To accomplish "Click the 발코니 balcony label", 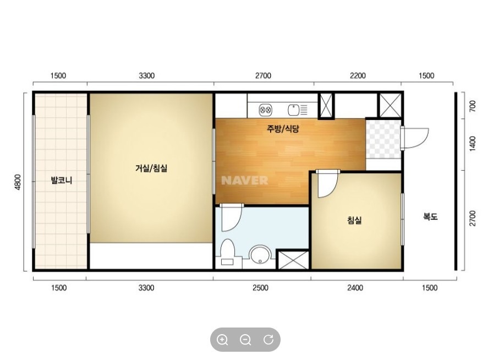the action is coord(62,180).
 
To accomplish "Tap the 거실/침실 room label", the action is coord(151,168).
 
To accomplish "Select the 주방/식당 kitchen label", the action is coord(283,129).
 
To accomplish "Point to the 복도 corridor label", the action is coord(430,216).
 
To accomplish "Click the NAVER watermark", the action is coord(245,181).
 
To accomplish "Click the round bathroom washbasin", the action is coord(261,254).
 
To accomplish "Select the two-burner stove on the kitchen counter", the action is coord(266,110).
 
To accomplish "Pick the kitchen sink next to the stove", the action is coord(298,110).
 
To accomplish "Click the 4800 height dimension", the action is coord(18,182).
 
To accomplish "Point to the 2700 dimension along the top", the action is coord(264,75).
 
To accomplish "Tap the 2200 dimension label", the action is coord(358,75).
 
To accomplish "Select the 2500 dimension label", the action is coord(260,288).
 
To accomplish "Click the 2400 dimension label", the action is coord(355,288).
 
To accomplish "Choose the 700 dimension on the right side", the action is coord(473,106).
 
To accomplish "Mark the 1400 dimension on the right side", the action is coord(473,144).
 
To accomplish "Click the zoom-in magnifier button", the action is coord(222,340).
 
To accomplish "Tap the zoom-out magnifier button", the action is coord(245,340).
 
